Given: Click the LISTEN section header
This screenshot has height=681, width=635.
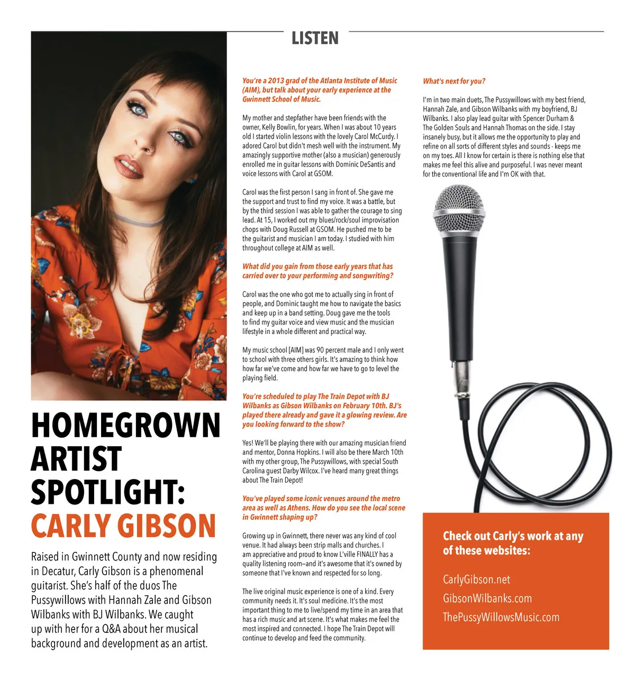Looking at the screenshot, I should (x=315, y=38).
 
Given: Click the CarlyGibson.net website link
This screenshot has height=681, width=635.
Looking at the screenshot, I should (x=476, y=579).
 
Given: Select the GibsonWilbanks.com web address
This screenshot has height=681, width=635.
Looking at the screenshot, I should (x=487, y=599).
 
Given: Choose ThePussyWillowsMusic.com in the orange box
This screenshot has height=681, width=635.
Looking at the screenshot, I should (x=501, y=618).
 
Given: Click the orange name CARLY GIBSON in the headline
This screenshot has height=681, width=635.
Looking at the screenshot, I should (x=123, y=526).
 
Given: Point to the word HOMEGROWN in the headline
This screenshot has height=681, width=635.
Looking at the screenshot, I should (x=125, y=426).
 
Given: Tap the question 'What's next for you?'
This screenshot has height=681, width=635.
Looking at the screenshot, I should (x=453, y=81).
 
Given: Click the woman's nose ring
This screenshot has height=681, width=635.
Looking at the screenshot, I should (x=151, y=150).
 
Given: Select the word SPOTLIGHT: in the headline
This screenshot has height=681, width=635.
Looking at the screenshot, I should (x=108, y=492).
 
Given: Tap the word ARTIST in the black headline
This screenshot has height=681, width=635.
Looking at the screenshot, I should (x=76, y=459).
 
